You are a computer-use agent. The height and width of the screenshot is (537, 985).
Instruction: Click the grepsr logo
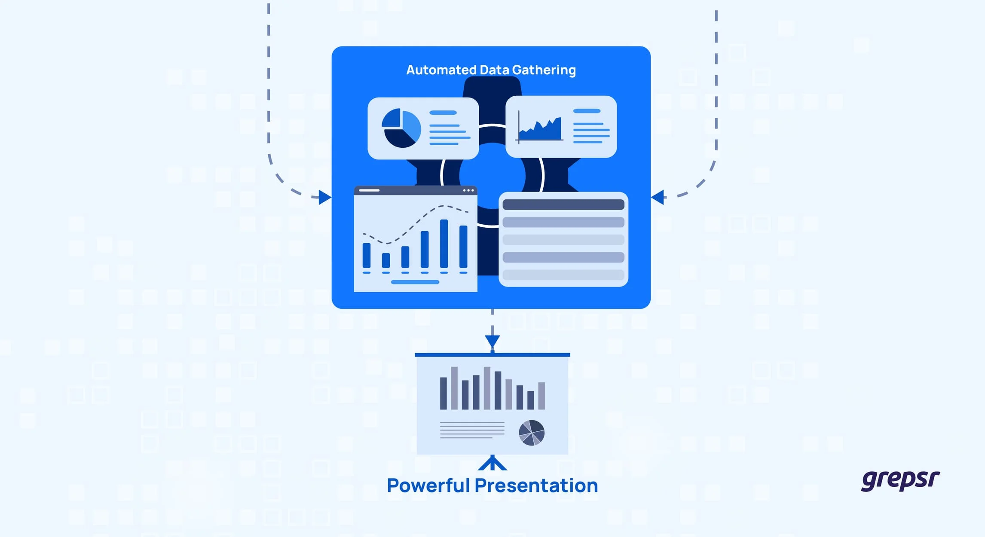tap(900, 480)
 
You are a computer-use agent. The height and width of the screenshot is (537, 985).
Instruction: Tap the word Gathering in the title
tap(544, 70)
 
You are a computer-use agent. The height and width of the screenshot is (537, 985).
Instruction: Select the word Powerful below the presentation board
tap(428, 485)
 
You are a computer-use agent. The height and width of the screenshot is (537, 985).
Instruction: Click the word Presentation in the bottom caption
tap(536, 485)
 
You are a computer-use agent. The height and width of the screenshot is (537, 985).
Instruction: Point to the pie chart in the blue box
tap(401, 128)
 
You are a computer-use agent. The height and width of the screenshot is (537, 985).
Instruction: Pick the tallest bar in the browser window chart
tap(444, 244)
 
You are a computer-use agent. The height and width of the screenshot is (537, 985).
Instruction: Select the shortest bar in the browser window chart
tap(386, 260)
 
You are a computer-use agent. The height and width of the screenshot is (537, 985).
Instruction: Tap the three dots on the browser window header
tap(468, 190)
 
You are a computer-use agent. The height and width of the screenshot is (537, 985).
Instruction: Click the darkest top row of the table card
tap(563, 204)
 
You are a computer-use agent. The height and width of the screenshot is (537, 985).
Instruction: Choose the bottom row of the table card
tap(563, 275)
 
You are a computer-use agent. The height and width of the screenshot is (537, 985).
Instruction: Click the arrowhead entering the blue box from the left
tap(325, 198)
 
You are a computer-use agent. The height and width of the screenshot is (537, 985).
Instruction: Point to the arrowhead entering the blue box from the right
tap(658, 198)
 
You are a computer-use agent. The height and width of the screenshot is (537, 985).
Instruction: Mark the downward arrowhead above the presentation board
tap(492, 342)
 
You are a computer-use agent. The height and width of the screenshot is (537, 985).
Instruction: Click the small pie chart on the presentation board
tap(532, 433)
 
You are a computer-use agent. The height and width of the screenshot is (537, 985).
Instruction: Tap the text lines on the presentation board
tap(472, 430)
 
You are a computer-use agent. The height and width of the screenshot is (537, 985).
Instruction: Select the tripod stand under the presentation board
tap(492, 463)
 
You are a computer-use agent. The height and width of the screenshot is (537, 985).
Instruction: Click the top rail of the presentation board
tap(492, 355)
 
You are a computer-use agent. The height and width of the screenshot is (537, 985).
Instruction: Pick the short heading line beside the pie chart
tap(443, 113)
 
